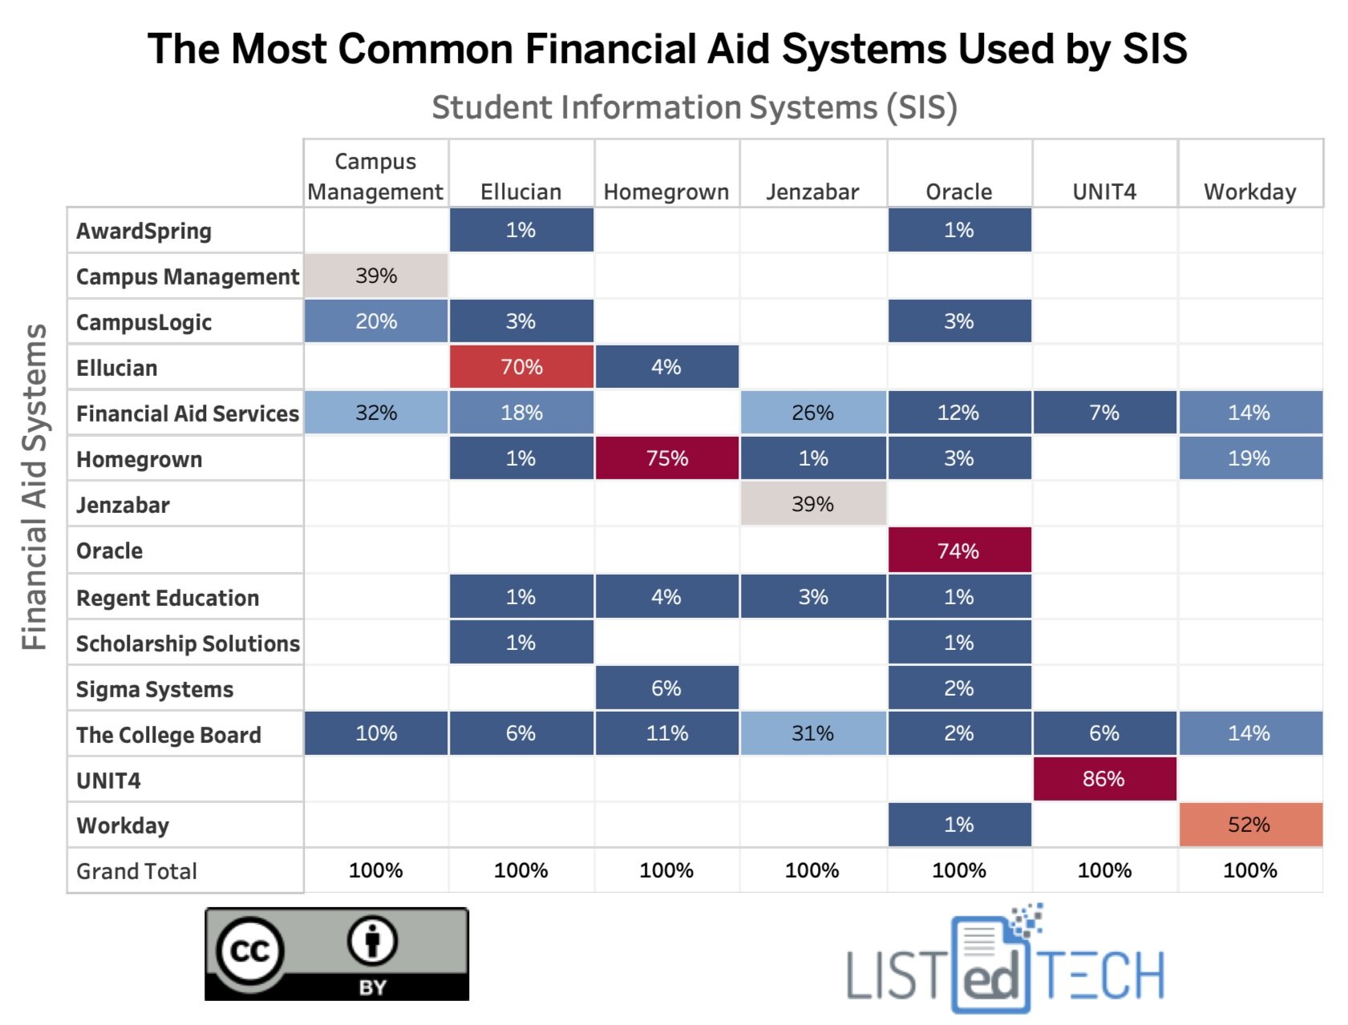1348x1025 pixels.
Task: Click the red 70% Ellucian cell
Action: (521, 367)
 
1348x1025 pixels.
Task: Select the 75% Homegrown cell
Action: (666, 458)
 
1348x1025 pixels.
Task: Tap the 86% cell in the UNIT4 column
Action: (1103, 779)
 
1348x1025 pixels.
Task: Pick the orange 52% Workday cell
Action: (1249, 825)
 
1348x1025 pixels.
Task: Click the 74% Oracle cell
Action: (958, 551)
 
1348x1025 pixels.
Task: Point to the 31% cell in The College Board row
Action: (812, 733)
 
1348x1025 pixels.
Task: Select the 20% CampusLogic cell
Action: (375, 321)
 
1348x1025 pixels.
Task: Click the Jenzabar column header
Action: (812, 192)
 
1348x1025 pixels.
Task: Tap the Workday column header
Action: (1249, 192)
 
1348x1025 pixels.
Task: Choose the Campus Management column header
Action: (375, 177)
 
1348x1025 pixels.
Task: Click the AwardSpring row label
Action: (144, 231)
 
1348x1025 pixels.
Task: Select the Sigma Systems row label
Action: (155, 689)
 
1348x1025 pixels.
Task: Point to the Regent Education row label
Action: (168, 598)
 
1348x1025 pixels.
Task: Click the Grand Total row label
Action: (136, 871)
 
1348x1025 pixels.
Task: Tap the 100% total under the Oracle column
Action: (958, 870)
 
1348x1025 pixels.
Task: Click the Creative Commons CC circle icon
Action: (249, 950)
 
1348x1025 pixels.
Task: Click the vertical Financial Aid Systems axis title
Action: (34, 486)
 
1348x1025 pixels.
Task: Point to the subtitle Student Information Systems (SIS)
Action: (694, 107)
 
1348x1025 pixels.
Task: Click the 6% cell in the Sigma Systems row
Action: (666, 688)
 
